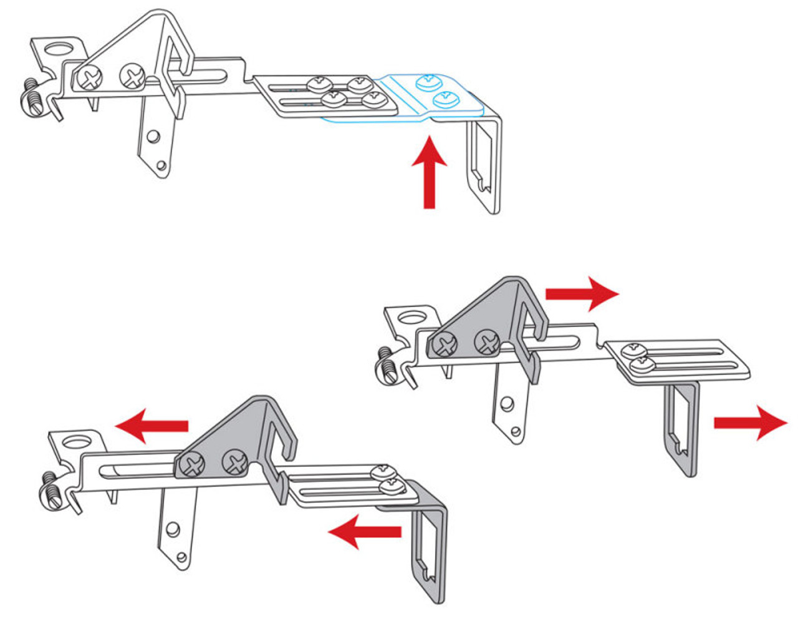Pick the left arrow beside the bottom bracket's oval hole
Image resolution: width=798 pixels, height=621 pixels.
153,425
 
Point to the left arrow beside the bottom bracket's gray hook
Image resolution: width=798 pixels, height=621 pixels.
365,531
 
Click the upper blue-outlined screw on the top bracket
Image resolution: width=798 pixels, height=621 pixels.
428,81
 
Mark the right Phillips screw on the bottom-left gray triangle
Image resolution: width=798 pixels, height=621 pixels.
235,463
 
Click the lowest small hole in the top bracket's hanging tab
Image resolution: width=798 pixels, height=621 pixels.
161,165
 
